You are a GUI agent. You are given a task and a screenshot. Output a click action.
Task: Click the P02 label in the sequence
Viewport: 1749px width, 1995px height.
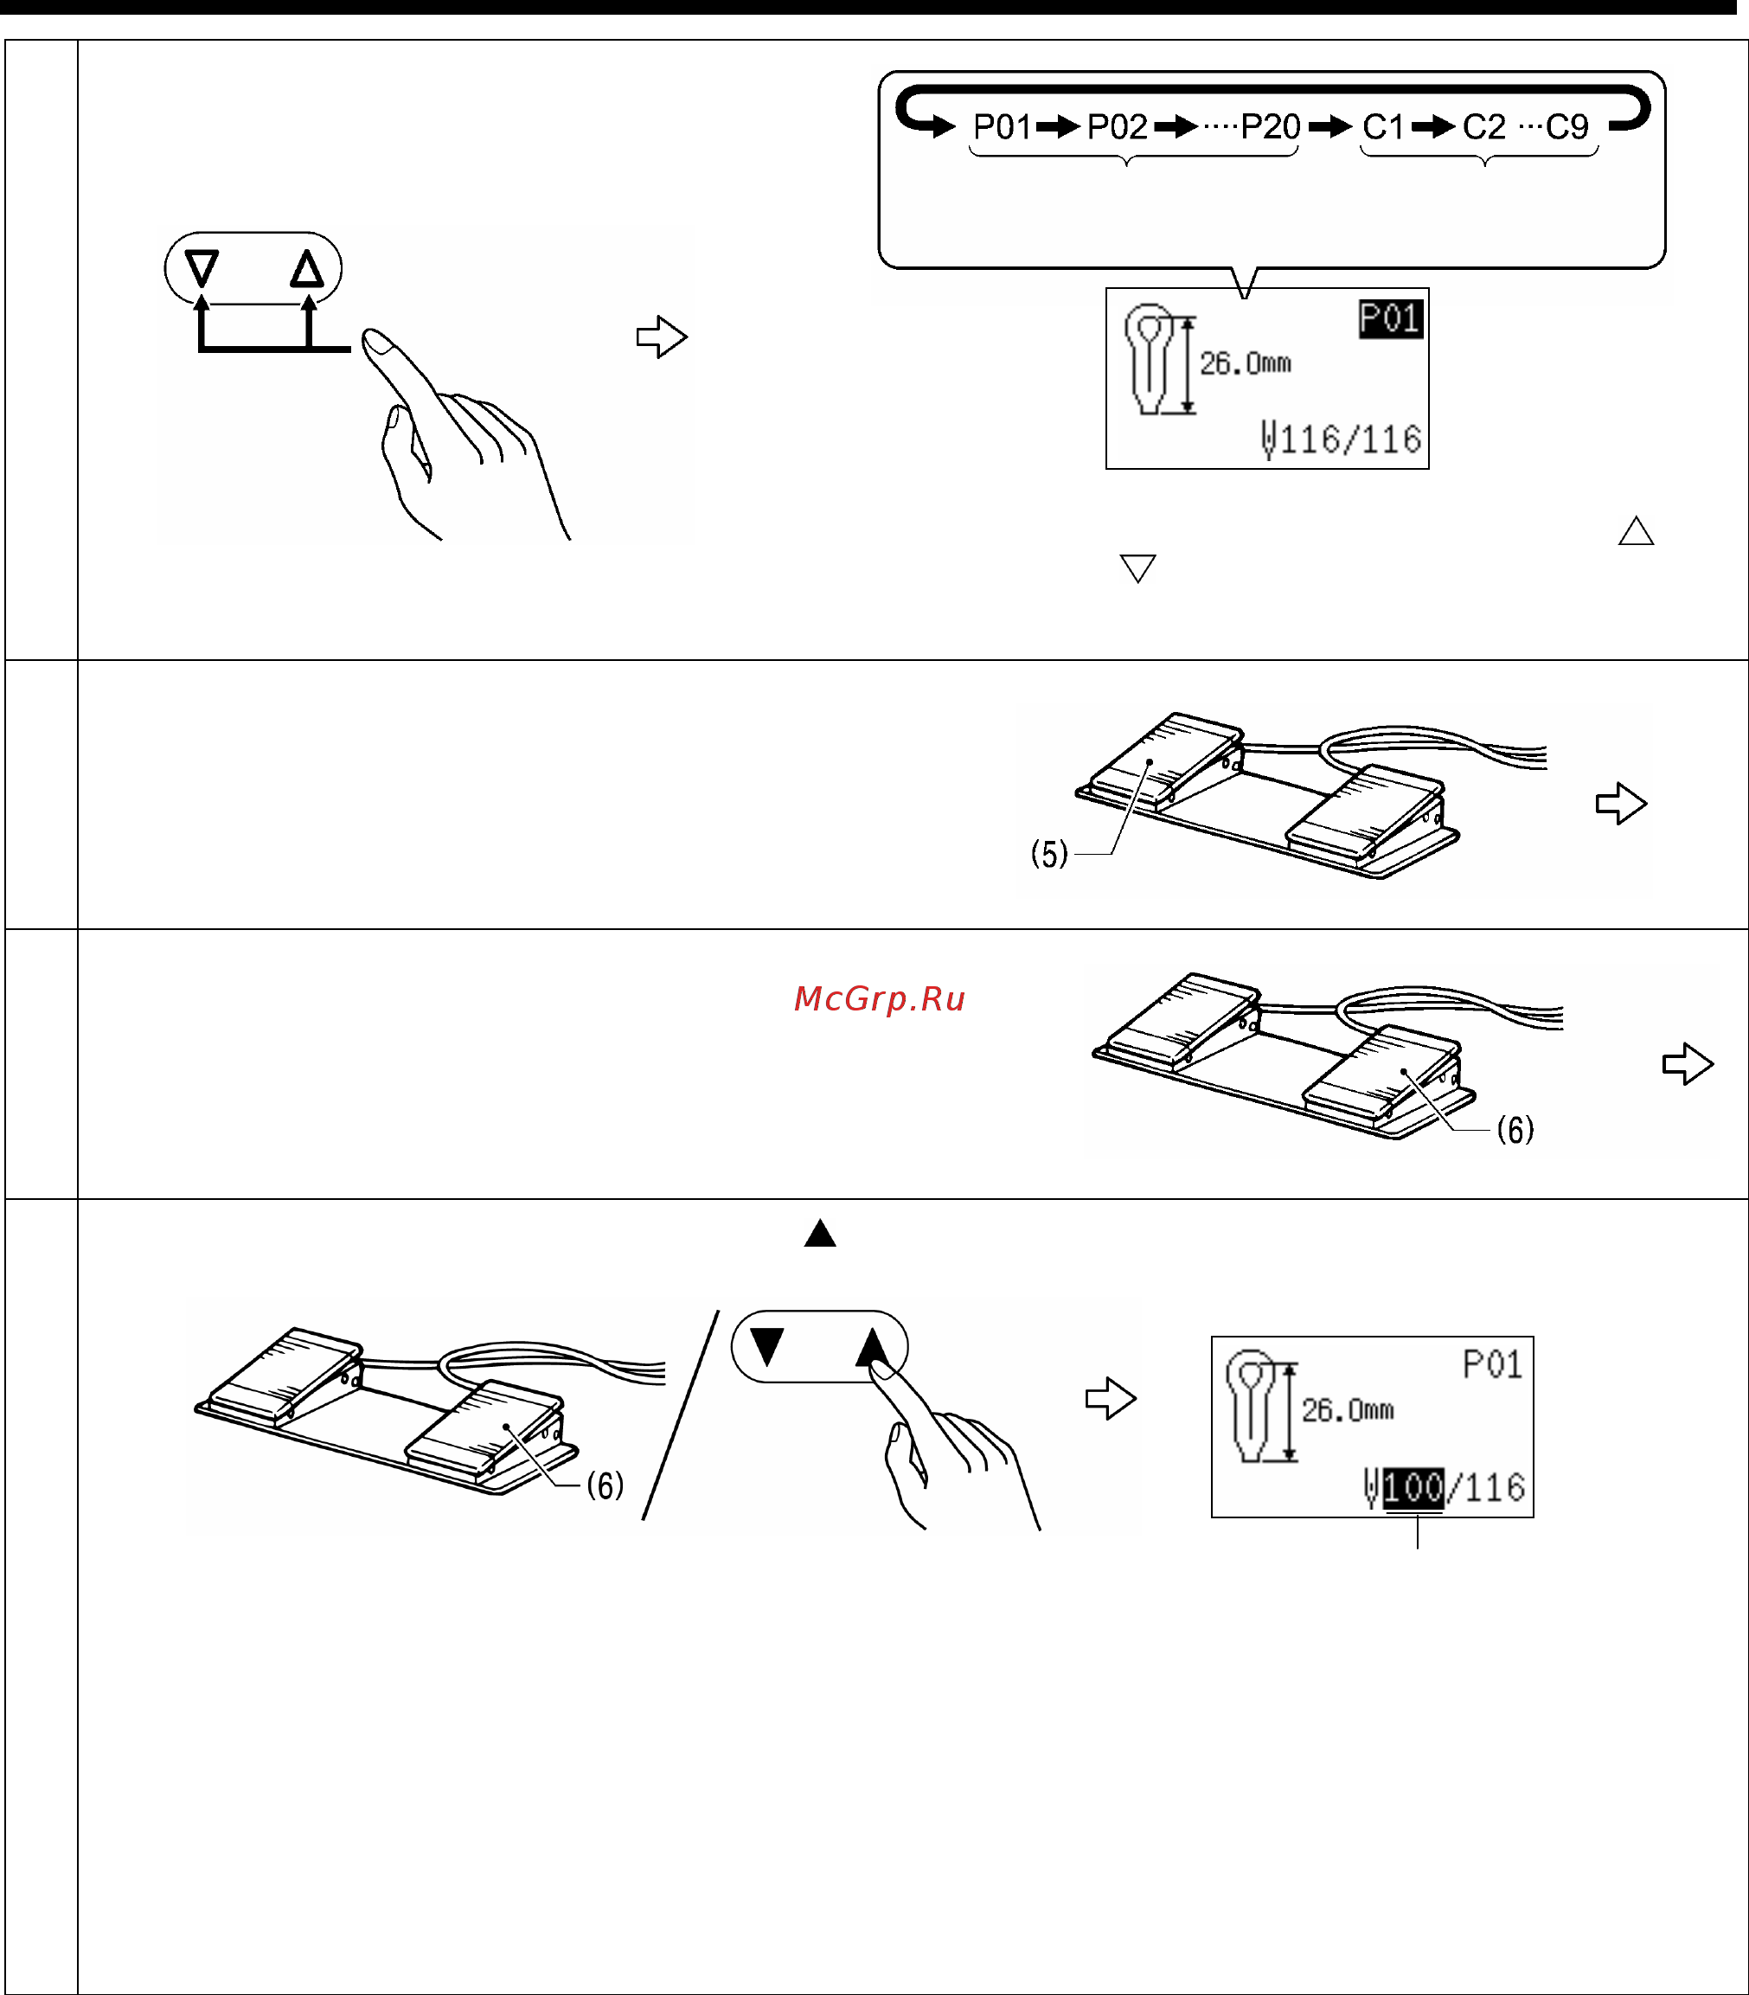(x=1118, y=127)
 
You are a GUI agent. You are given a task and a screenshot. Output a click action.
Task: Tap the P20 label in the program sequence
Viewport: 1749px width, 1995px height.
(x=1270, y=127)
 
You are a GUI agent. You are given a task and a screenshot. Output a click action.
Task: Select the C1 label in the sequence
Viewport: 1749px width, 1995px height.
(x=1383, y=127)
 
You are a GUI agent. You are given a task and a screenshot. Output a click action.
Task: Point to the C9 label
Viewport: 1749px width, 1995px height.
(x=1566, y=127)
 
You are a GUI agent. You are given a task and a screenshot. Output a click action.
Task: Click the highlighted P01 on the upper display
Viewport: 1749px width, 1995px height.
(x=1391, y=319)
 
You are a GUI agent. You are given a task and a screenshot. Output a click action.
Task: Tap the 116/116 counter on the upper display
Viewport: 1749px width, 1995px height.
(x=1351, y=440)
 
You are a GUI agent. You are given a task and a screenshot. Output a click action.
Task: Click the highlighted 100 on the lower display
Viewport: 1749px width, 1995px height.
(x=1413, y=1488)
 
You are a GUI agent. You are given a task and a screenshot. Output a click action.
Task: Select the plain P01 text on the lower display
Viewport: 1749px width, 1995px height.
(x=1492, y=1364)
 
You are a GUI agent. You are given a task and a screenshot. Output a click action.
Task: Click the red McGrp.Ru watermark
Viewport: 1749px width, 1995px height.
(x=880, y=998)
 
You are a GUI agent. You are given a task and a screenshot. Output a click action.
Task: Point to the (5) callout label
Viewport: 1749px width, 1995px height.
(x=1049, y=854)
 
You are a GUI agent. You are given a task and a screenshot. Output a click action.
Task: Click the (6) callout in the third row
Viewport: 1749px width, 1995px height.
(x=1515, y=1130)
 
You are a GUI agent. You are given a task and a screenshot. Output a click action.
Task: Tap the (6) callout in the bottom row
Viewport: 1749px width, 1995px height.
(x=604, y=1486)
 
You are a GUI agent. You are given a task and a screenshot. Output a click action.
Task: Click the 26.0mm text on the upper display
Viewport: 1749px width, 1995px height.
(x=1246, y=364)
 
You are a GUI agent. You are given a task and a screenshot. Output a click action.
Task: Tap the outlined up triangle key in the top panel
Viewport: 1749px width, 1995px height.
(x=306, y=268)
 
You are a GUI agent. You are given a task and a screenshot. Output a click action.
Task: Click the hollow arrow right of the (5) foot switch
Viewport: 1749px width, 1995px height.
(x=1621, y=803)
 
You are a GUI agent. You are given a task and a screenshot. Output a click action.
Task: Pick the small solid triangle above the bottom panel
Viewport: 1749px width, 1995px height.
(x=820, y=1234)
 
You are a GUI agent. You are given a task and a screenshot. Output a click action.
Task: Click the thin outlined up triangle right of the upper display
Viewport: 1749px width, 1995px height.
(x=1636, y=531)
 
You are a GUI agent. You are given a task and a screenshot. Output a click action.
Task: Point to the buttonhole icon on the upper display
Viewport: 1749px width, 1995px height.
(x=1150, y=359)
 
